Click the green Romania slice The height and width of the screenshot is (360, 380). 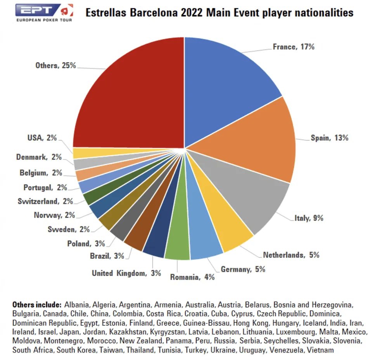(178, 241)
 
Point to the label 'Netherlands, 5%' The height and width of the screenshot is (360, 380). (291, 255)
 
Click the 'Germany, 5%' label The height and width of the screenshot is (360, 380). (243, 269)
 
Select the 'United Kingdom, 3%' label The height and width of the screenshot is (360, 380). (126, 273)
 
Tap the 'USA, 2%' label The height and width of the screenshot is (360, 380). (42, 137)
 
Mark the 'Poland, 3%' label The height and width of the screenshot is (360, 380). (86, 244)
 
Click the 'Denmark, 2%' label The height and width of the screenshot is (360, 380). (39, 157)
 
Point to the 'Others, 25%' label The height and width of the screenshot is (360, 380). (55, 66)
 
